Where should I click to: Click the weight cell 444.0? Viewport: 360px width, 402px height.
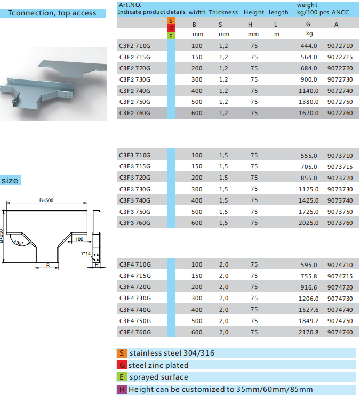click(x=309, y=46)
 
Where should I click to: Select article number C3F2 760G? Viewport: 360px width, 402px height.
click(x=135, y=113)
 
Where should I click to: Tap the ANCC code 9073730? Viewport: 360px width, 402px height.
click(x=340, y=189)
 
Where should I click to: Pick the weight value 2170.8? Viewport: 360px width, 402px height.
click(x=308, y=332)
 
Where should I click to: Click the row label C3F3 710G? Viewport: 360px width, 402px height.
click(x=135, y=155)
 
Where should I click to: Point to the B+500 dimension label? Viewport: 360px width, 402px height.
click(x=46, y=200)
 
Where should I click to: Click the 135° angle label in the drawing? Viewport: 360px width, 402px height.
click(x=19, y=243)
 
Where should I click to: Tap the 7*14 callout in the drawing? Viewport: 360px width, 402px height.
click(x=86, y=254)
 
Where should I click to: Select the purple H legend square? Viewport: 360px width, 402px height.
click(x=122, y=389)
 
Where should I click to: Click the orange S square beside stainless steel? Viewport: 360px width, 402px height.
click(x=122, y=353)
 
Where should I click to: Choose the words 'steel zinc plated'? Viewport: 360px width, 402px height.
click(x=158, y=365)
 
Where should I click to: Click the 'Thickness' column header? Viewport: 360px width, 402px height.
click(x=223, y=12)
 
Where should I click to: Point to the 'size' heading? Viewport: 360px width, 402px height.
click(x=10, y=181)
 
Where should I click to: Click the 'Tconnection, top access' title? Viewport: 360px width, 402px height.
click(x=52, y=13)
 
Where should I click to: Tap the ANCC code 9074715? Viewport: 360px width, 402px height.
click(x=340, y=276)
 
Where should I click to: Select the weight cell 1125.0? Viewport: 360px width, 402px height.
click(x=308, y=189)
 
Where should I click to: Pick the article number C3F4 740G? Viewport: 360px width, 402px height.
click(x=135, y=310)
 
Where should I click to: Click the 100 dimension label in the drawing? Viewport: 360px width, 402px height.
click(x=79, y=239)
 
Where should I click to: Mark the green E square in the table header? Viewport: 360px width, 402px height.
click(x=171, y=36)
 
